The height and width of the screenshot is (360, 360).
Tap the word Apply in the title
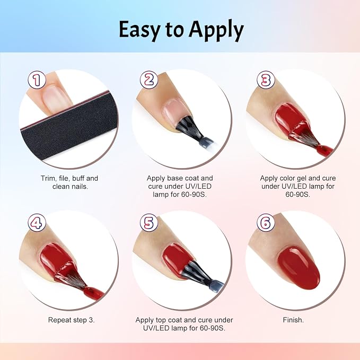coord(216,31)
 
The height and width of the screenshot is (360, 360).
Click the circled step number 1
coord(37,80)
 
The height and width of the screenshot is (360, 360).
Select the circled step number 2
coord(149,80)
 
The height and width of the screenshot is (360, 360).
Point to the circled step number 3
coord(266,80)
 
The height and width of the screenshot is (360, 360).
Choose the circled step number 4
coord(37,223)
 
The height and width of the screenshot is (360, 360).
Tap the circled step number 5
coord(149,223)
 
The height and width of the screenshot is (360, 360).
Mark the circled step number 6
coord(266,223)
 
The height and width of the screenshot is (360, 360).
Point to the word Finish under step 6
coord(293,320)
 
